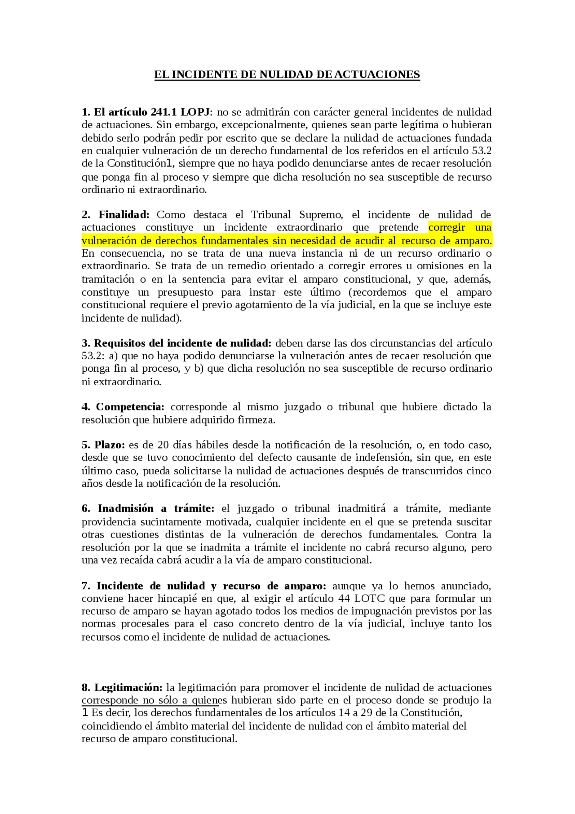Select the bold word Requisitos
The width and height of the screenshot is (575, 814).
point(120,343)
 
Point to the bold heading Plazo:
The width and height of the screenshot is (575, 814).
point(110,445)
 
